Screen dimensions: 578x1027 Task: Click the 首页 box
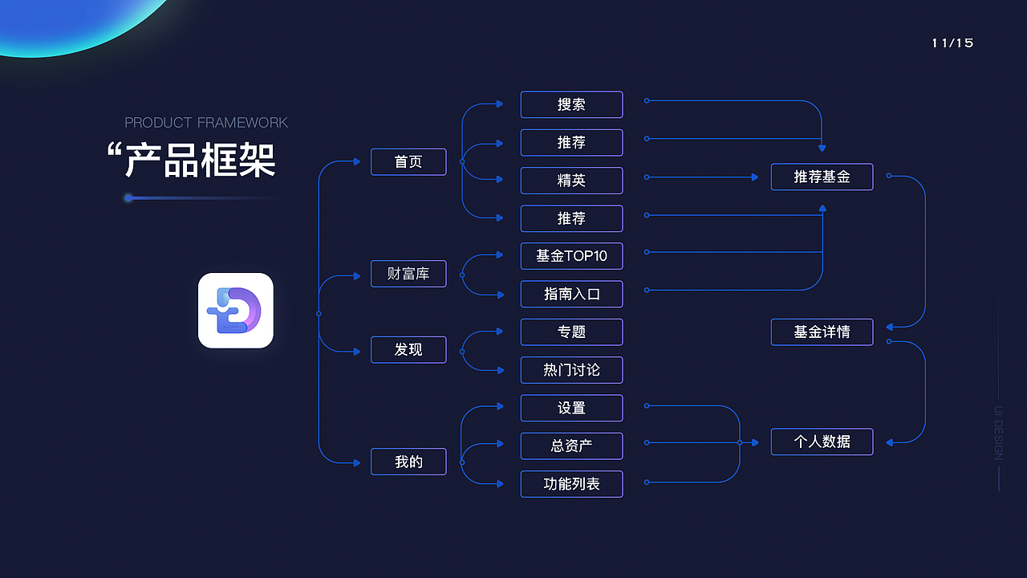[x=408, y=162]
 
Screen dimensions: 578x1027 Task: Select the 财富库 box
[x=408, y=274]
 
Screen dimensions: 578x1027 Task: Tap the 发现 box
[x=408, y=350]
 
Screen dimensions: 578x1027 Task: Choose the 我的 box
[x=408, y=462]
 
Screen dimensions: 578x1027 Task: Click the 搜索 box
[x=571, y=104]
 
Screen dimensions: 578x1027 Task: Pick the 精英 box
[x=571, y=181]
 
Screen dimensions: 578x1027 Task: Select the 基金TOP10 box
[x=571, y=256]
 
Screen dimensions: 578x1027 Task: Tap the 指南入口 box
[x=571, y=294]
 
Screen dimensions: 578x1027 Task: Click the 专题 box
[x=571, y=332]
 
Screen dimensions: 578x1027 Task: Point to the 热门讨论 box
[x=571, y=370]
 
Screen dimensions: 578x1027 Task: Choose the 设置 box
[x=571, y=408]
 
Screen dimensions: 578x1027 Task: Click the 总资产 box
[x=571, y=446]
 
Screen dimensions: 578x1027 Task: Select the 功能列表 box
[x=571, y=484]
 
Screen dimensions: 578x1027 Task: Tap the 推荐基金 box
[x=822, y=177]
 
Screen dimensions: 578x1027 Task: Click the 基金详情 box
[x=822, y=332]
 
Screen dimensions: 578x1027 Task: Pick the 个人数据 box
[x=822, y=442]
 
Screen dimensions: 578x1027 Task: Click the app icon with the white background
[x=236, y=311]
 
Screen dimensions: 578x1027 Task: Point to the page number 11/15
[x=952, y=43]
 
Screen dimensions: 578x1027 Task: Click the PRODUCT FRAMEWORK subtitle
[x=206, y=123]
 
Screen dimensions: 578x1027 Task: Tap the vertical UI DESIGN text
[x=998, y=433]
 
